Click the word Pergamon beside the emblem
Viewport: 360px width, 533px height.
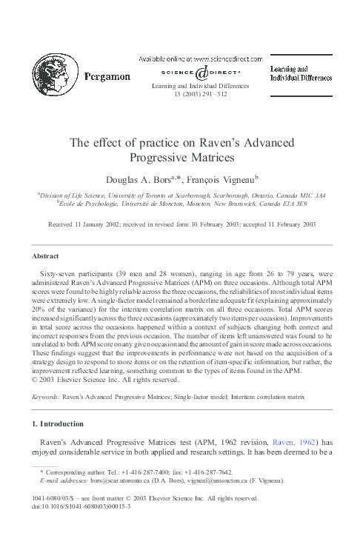pyautogui.click(x=106, y=76)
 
